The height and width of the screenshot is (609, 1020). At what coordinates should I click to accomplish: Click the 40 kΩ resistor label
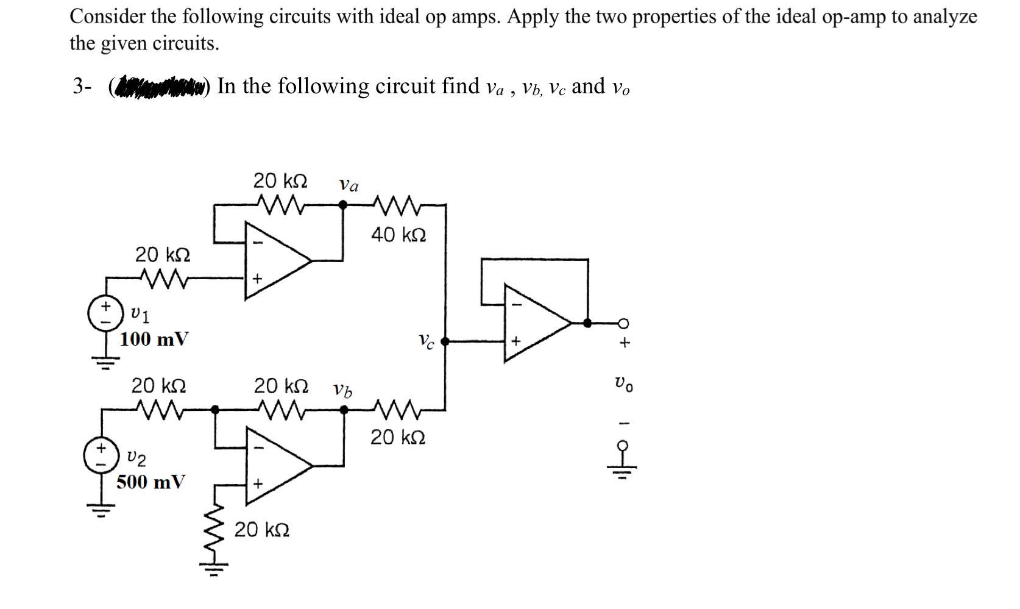click(398, 235)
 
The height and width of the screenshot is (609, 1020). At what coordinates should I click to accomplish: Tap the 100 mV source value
click(154, 339)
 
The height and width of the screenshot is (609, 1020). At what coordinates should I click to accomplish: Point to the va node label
click(349, 185)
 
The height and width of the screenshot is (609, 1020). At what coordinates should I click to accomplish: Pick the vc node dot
click(446, 342)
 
